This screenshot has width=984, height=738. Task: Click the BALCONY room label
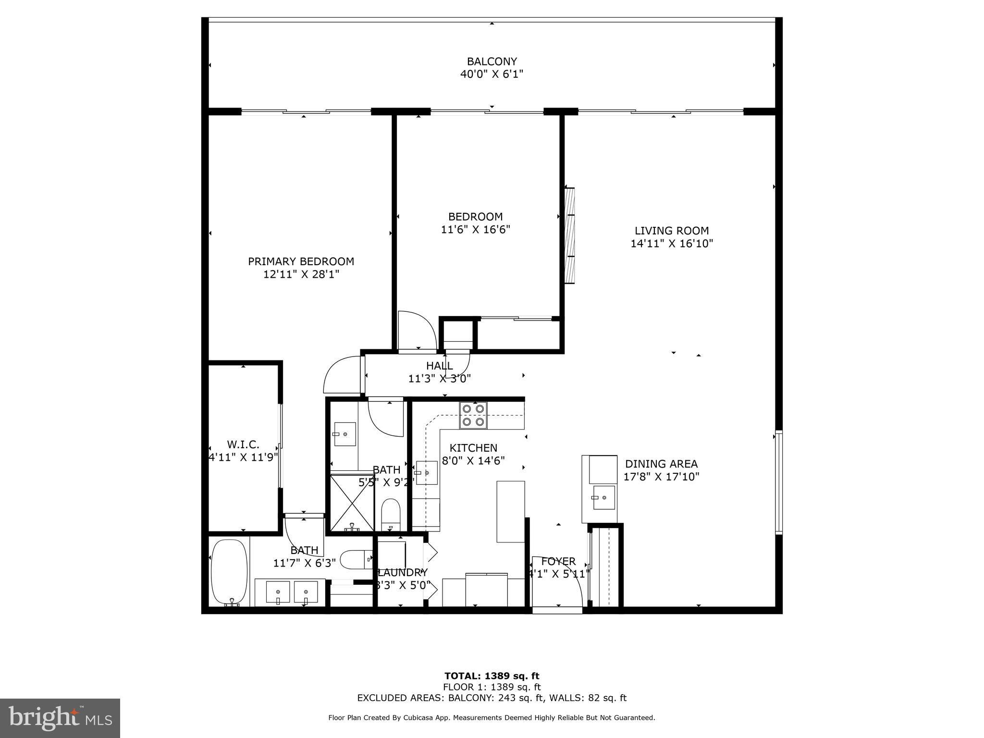click(x=492, y=61)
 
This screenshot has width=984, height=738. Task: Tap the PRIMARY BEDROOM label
click(x=301, y=261)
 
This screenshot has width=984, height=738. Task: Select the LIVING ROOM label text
click(x=672, y=231)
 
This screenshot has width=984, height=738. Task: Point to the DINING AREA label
click(x=661, y=464)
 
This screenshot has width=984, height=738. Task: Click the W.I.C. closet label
click(x=243, y=444)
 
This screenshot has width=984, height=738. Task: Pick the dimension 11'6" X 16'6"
click(x=475, y=230)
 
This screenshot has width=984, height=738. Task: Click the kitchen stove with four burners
click(x=473, y=416)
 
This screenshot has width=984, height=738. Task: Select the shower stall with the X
click(x=352, y=503)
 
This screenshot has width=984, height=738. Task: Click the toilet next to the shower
click(x=391, y=514)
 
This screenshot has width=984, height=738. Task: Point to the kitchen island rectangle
click(x=511, y=511)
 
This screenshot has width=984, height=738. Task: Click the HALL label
click(x=439, y=366)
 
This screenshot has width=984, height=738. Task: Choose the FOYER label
click(x=558, y=561)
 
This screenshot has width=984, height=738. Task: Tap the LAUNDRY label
click(x=403, y=573)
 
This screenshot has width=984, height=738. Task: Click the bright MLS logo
click(x=61, y=718)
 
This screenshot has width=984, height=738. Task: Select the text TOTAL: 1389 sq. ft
click(x=492, y=676)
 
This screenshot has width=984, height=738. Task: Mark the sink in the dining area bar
click(x=603, y=497)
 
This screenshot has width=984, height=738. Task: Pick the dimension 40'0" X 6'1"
click(x=492, y=74)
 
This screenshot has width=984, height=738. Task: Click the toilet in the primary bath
click(x=356, y=559)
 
